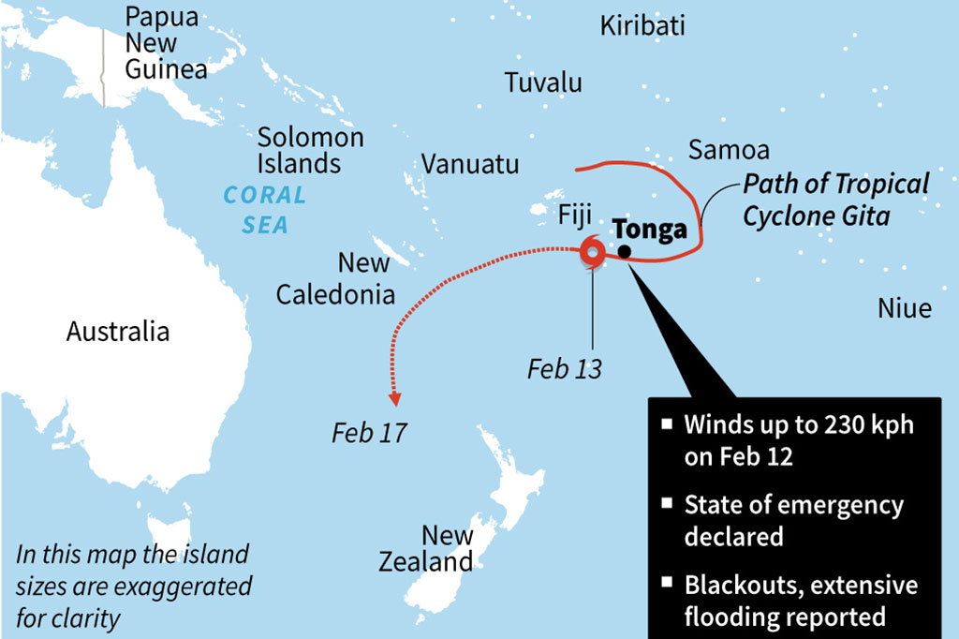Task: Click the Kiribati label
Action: pos(642,25)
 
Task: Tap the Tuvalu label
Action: pos(543,82)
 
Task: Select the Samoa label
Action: pos(729,150)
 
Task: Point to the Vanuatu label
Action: pos(469,164)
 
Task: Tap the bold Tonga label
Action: pos(650,230)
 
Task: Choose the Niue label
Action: pos(904,307)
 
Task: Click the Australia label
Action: pos(118,331)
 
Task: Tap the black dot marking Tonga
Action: pos(624,250)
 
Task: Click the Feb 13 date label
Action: pos(564,368)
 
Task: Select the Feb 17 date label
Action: pos(369,433)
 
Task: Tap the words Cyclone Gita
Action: pos(816,215)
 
